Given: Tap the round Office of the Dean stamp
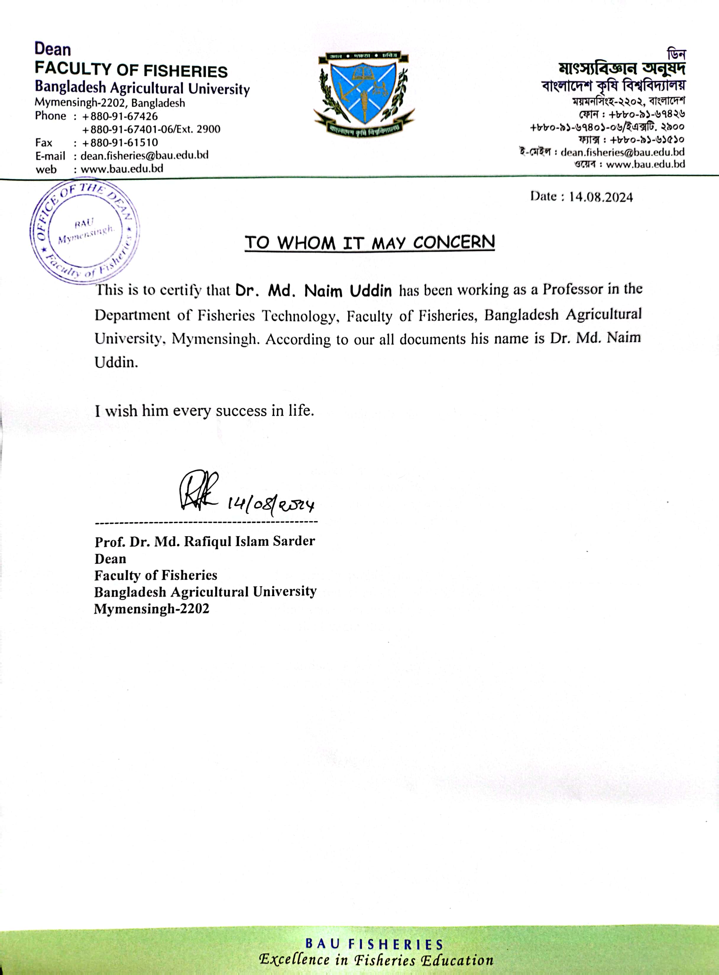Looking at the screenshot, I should click(85, 232).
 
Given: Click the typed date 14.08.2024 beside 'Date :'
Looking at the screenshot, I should click(601, 197).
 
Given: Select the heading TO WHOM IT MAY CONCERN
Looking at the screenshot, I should click(370, 243).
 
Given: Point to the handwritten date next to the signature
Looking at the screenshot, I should click(271, 504).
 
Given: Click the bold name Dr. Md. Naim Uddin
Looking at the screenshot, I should click(313, 290).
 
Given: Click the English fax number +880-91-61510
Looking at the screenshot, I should click(120, 143).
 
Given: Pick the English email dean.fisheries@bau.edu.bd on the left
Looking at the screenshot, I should click(145, 155).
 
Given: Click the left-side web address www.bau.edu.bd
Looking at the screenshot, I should click(122, 169).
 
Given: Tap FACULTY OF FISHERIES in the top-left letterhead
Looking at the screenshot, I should click(131, 70).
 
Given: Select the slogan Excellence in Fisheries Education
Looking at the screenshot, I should click(376, 960).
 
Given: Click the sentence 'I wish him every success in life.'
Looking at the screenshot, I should click(205, 410).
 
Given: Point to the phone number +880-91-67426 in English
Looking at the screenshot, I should click(120, 116).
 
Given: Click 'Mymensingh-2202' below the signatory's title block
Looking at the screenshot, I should click(151, 608).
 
